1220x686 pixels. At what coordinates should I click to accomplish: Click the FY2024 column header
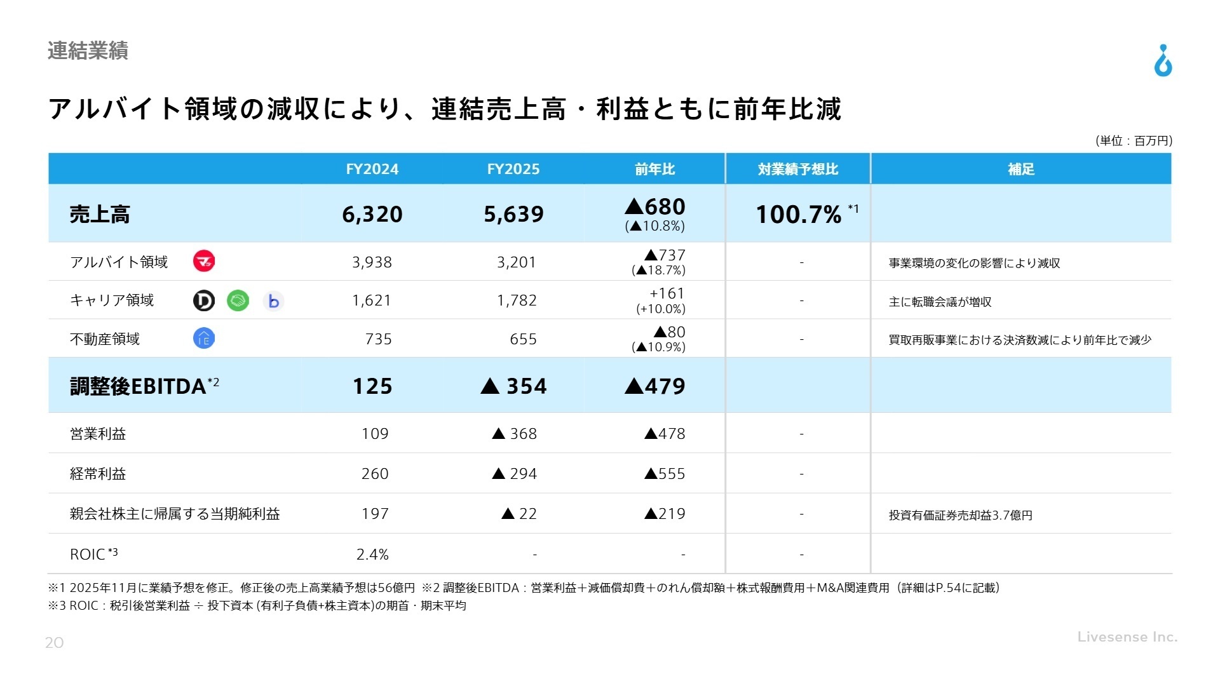tap(372, 169)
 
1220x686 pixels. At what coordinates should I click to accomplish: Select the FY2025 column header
tap(513, 169)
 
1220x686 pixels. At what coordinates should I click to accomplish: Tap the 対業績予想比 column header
tap(798, 169)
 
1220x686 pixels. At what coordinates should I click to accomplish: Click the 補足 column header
tap(1021, 169)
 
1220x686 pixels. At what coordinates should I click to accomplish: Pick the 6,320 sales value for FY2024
tap(372, 214)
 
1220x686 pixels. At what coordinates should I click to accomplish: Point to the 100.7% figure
tap(799, 215)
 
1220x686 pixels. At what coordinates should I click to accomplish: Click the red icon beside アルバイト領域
tap(204, 261)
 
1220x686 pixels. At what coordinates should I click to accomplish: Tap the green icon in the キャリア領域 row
tap(238, 300)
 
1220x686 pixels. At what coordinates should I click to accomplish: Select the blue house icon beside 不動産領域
tap(204, 339)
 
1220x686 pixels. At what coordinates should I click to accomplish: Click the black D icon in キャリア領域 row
tap(204, 300)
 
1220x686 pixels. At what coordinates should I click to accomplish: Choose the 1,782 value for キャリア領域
tap(517, 300)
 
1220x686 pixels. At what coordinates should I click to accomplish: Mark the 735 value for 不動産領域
tap(378, 339)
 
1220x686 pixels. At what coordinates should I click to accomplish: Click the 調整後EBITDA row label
tap(139, 386)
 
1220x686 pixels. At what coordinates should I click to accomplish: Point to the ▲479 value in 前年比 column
tap(655, 386)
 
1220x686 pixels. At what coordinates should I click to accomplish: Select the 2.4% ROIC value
tap(372, 555)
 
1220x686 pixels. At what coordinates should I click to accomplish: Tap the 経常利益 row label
tap(98, 474)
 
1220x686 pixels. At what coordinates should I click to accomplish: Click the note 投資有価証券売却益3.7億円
tap(960, 515)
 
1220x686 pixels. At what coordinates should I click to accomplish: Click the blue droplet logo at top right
tap(1163, 61)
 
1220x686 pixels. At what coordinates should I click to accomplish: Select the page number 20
tap(55, 643)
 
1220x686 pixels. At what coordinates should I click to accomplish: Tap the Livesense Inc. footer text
tap(1127, 636)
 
